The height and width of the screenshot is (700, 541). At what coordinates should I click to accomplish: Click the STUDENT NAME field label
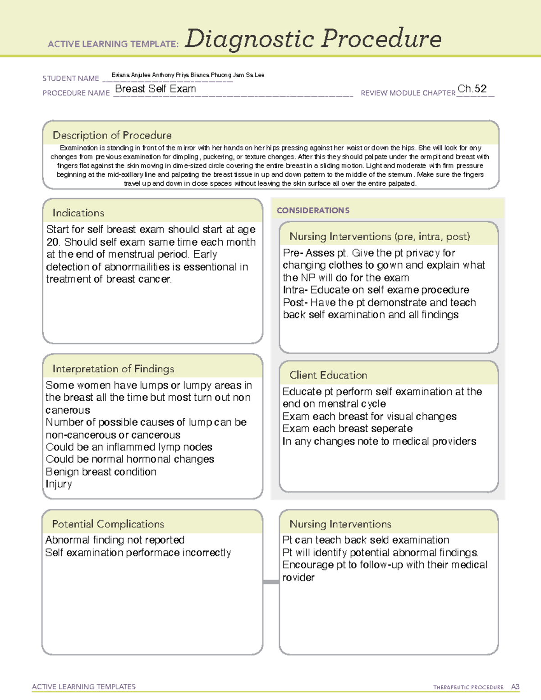tap(71, 78)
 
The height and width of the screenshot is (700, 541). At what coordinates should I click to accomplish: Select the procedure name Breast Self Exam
tap(156, 89)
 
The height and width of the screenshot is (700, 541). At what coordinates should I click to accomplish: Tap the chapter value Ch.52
tap(472, 89)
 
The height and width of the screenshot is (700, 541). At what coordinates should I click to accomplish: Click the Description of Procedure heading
tap(112, 135)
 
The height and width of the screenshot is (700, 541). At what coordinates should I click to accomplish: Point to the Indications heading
tap(78, 213)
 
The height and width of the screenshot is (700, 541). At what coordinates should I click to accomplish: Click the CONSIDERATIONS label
tap(313, 210)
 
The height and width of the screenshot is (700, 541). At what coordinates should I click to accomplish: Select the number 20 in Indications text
tap(52, 242)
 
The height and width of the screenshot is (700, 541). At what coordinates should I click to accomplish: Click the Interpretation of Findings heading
tap(113, 369)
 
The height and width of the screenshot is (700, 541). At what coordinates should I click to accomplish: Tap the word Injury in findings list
tap(59, 484)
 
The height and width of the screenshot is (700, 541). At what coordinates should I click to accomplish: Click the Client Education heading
tap(328, 375)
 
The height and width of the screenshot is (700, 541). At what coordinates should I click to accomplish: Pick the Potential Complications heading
tap(108, 524)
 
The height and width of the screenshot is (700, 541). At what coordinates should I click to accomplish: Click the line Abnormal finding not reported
tap(115, 540)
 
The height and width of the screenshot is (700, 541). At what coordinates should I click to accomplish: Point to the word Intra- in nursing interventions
tap(295, 290)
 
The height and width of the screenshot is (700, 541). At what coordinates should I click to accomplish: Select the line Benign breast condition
tap(101, 472)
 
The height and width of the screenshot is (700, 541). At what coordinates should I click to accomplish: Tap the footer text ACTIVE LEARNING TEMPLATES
tap(84, 686)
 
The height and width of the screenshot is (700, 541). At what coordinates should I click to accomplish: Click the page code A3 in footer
tap(515, 687)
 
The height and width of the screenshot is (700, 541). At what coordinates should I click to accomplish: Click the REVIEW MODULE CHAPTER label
tap(408, 93)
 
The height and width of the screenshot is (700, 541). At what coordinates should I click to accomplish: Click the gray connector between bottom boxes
tap(270, 582)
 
